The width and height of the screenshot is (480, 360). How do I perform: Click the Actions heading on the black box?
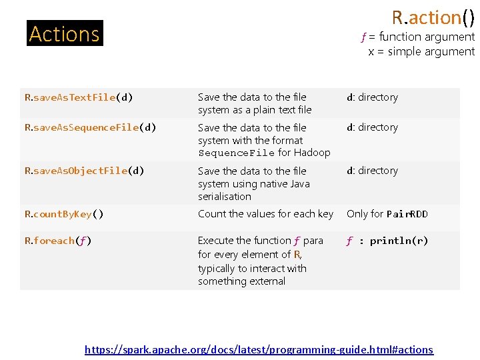(x=65, y=33)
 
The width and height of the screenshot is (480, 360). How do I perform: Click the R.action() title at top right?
(x=433, y=17)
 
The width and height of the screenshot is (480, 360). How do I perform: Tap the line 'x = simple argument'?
(x=421, y=51)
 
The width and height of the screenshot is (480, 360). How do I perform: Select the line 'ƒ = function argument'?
(x=417, y=37)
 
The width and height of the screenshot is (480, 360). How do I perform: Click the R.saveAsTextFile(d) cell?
(x=79, y=97)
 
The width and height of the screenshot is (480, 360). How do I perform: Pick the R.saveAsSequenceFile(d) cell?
(x=90, y=127)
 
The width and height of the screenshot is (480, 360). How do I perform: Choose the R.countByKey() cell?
(x=64, y=214)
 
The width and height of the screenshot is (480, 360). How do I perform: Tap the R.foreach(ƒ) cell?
(x=58, y=241)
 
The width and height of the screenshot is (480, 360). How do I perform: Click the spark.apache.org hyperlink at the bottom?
(x=259, y=349)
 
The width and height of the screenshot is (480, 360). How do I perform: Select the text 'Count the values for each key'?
(x=265, y=214)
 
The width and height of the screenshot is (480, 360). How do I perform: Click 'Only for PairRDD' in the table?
(x=387, y=214)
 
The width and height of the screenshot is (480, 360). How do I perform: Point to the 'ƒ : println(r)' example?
(x=387, y=241)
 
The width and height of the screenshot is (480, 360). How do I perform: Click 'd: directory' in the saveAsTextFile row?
(x=372, y=97)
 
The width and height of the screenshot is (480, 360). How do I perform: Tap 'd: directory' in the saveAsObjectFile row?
(x=372, y=171)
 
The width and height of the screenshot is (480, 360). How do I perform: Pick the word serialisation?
(x=225, y=197)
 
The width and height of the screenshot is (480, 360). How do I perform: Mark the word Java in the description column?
(x=298, y=183)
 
